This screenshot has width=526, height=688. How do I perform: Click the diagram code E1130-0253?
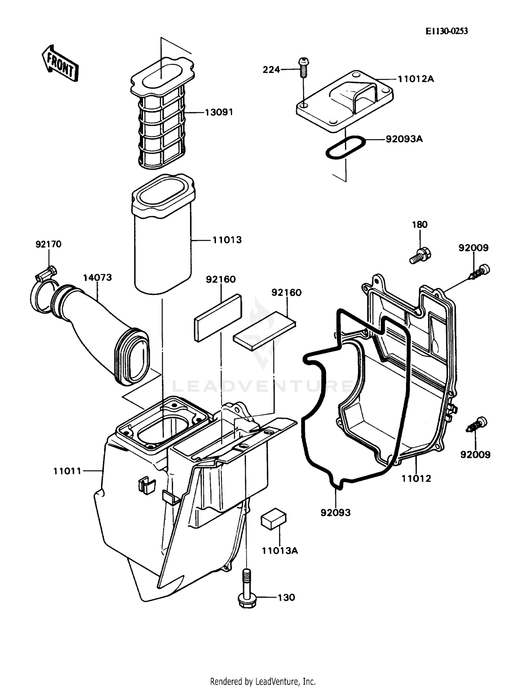click(x=446, y=31)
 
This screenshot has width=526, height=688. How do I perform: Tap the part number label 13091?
click(x=219, y=113)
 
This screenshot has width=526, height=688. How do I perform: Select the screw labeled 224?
click(x=303, y=68)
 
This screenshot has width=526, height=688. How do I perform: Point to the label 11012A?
click(x=416, y=79)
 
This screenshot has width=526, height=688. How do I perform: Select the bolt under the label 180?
click(x=420, y=255)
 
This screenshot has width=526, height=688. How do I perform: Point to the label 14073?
click(x=97, y=277)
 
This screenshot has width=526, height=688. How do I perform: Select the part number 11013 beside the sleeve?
click(x=227, y=240)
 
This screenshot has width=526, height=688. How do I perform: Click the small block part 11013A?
click(x=274, y=518)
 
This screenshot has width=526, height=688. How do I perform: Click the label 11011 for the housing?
click(x=67, y=471)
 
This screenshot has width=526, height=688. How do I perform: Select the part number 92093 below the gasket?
click(x=335, y=513)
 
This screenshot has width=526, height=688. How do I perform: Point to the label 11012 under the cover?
click(x=416, y=479)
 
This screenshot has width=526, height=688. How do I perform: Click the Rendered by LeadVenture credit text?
click(x=263, y=681)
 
